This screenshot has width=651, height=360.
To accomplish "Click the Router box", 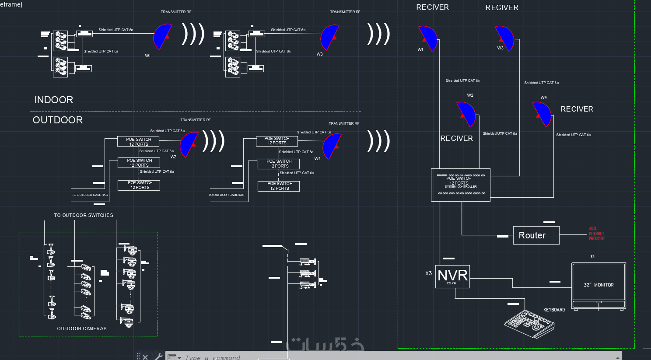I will (x=536, y=235).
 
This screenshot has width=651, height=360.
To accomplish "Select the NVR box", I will (x=452, y=276).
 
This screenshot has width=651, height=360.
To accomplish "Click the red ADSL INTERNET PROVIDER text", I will (x=596, y=234).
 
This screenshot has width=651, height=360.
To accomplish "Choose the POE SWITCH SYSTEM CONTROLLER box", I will (x=460, y=185).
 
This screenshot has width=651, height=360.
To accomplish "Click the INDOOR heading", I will (x=54, y=100).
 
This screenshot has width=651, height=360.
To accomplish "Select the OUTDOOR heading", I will (x=58, y=120).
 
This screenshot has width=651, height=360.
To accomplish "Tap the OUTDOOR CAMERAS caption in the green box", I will (x=82, y=329).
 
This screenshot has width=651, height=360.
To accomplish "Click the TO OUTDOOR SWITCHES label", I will (x=84, y=215).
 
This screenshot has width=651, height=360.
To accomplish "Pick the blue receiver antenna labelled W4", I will (x=542, y=114).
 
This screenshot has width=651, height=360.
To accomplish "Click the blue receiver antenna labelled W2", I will (x=466, y=114).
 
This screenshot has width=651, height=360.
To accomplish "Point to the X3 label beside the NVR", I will (x=428, y=273).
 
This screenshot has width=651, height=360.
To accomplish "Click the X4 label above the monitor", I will (x=592, y=257).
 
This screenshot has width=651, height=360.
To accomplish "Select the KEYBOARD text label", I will (x=554, y=310).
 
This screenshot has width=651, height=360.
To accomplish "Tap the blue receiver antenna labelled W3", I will (x=505, y=38).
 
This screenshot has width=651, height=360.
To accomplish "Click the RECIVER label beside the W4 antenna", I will (x=577, y=109).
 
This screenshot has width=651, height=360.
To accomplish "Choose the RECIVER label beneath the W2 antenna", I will (x=456, y=139).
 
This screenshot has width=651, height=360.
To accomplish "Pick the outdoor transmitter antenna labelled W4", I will (x=332, y=146).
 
